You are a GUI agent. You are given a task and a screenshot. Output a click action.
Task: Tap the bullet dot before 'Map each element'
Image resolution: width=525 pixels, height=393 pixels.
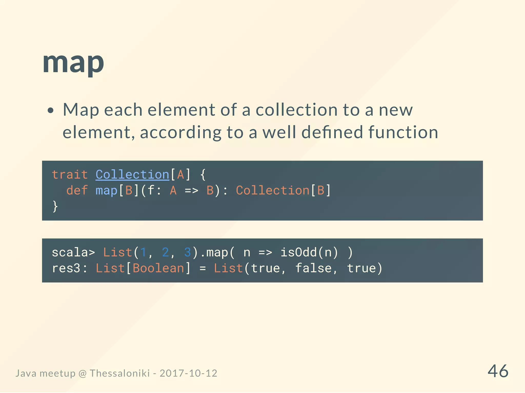(51, 111)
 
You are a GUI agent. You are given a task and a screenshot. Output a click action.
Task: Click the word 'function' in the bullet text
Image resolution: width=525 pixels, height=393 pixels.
(403, 132)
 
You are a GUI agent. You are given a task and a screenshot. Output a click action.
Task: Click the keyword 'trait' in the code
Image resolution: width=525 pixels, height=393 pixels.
(70, 175)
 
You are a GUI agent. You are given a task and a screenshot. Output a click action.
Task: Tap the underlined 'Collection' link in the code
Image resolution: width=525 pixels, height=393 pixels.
(132, 175)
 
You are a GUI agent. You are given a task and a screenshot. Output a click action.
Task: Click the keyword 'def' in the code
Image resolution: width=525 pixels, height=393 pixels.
(77, 191)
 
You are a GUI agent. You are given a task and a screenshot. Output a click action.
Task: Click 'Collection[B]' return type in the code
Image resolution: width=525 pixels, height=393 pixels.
(283, 191)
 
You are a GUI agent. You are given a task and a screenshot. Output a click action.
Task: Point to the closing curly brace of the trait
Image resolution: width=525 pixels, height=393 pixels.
(55, 206)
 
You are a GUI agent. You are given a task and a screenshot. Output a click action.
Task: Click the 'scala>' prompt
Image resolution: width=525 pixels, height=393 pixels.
(73, 253)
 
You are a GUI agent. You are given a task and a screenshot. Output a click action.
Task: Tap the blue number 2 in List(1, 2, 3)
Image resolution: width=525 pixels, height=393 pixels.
(165, 253)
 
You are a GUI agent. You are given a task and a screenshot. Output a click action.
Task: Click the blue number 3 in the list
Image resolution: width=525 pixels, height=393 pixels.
(187, 253)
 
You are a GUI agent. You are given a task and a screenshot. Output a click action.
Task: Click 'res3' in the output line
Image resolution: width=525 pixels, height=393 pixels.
(66, 268)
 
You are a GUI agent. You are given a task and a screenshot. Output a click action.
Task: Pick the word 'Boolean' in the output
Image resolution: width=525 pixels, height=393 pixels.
(158, 268)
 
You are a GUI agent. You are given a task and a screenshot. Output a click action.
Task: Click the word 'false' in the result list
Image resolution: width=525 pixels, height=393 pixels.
(313, 268)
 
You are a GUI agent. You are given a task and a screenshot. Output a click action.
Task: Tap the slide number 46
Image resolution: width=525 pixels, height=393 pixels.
(498, 371)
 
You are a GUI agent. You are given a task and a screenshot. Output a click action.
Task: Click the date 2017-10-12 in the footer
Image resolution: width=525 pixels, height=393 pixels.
(188, 373)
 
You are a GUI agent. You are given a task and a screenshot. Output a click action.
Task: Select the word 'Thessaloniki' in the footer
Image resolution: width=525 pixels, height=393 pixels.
(119, 373)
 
